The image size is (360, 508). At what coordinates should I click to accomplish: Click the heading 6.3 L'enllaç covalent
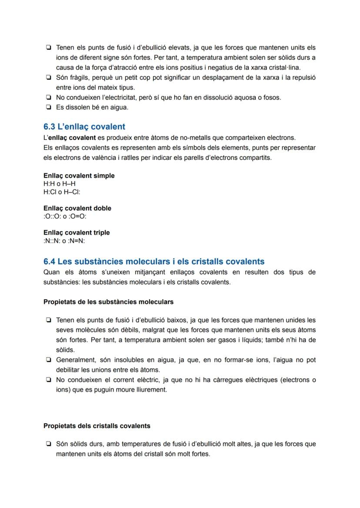click(x=84, y=127)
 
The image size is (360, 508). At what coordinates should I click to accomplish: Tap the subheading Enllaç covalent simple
click(x=79, y=176)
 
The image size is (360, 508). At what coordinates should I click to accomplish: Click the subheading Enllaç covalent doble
click(x=77, y=208)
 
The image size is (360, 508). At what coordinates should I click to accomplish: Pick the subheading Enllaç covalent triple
click(x=77, y=232)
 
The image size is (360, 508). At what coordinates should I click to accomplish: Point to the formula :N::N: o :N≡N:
click(x=64, y=241)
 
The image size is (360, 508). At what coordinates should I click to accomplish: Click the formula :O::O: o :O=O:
click(x=65, y=216)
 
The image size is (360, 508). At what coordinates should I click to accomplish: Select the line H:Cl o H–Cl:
click(x=62, y=192)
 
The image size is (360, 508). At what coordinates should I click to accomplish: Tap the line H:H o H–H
click(x=59, y=184)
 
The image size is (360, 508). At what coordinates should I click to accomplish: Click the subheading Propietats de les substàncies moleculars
click(x=108, y=302)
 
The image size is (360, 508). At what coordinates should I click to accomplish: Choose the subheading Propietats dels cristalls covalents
click(x=97, y=426)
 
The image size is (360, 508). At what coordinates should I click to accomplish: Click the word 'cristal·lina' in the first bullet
click(x=284, y=67)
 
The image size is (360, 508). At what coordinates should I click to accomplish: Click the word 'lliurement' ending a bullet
click(x=150, y=390)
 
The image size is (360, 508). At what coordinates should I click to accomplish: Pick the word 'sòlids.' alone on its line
click(x=65, y=350)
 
